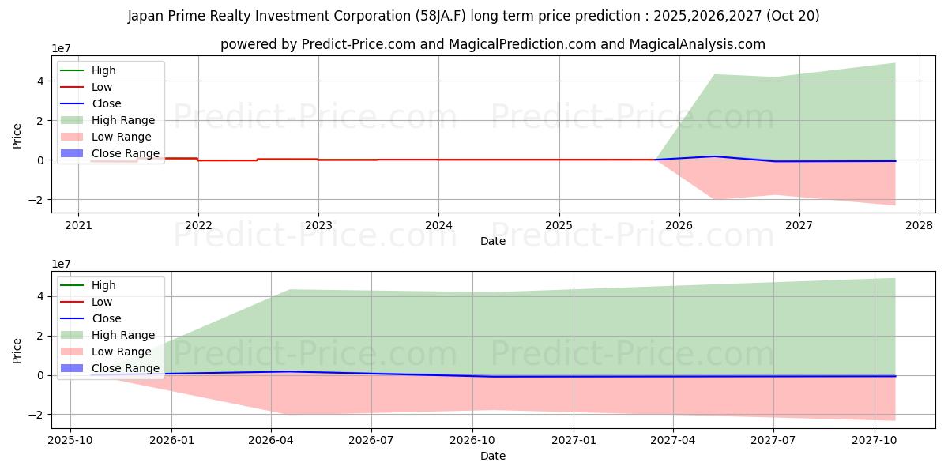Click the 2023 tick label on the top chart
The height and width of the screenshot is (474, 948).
(318, 225)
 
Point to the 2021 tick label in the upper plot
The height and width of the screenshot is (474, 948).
(78, 225)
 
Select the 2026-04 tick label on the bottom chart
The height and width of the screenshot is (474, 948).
(271, 440)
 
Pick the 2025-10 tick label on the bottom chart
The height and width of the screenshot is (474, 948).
(70, 440)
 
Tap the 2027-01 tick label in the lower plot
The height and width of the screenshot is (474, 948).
(573, 440)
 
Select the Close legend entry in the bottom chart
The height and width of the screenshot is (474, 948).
(106, 318)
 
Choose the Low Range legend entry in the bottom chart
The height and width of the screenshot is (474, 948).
(121, 352)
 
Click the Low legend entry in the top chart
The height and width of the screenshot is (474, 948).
(102, 87)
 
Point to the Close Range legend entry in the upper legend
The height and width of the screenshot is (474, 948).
(125, 153)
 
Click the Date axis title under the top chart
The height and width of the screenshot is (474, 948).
(493, 241)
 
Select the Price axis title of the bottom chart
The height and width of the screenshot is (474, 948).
(17, 350)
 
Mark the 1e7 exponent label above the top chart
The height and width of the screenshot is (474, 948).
(62, 49)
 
